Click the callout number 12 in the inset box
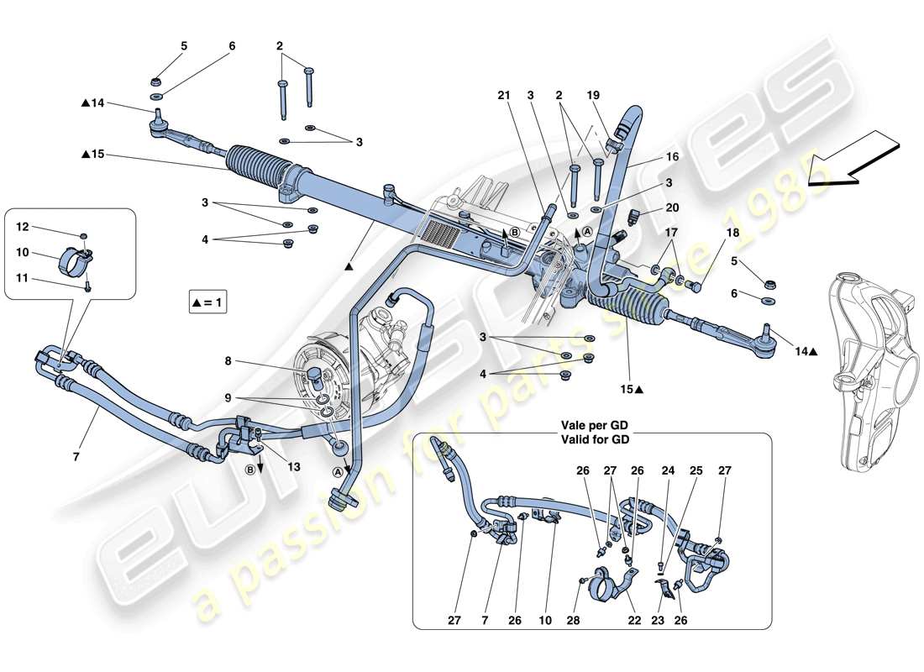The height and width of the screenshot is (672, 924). (x=22, y=227)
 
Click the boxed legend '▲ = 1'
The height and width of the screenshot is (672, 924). (x=207, y=301)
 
